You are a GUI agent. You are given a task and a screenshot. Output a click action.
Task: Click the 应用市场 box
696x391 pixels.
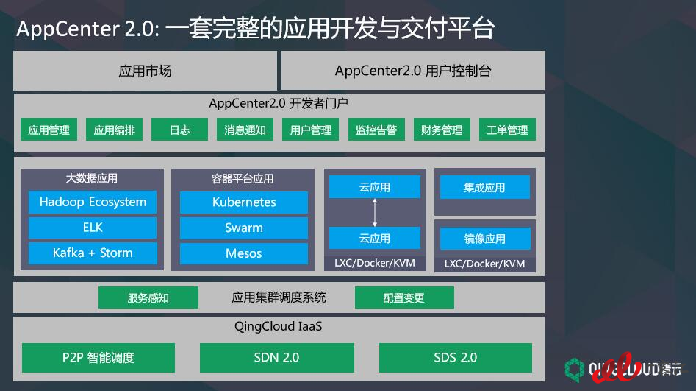coord(145,71)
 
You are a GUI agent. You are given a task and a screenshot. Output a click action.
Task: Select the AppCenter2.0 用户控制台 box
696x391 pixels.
coord(413,71)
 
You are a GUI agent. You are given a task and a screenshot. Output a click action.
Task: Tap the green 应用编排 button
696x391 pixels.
coord(114,130)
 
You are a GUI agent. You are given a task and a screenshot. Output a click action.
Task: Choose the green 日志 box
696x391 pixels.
coord(180,130)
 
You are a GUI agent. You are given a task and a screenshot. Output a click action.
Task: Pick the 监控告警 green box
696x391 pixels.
coord(376,130)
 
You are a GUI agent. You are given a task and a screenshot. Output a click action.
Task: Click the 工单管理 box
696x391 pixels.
coord(507,130)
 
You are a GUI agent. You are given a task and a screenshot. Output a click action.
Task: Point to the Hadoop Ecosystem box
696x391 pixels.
coord(93,202)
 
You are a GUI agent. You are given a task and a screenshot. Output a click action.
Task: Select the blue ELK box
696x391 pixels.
coord(93,228)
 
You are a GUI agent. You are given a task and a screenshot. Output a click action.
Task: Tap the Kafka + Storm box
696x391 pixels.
coord(93,253)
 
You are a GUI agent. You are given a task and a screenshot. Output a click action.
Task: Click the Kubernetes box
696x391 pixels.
coord(244,202)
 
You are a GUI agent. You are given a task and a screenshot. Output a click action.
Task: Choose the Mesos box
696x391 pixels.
coord(244,253)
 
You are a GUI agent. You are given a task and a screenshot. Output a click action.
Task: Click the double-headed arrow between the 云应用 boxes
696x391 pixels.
coord(375,213)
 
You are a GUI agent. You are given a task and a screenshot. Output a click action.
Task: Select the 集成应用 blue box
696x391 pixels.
coord(485,187)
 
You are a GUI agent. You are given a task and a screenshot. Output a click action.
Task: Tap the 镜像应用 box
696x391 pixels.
coord(485,239)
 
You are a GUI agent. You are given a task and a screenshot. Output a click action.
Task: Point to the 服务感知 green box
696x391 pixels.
coord(148,297)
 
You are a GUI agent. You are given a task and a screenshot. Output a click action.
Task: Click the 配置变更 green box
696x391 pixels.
coord(404,297)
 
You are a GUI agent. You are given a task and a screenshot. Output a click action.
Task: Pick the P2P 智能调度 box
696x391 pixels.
coord(98,358)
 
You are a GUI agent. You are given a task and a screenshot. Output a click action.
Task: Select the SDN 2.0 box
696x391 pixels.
coord(277,358)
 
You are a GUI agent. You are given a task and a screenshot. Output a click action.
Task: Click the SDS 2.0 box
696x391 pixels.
coord(456,358)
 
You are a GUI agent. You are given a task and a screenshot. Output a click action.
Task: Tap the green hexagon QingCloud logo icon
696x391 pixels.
coord(575,370)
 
